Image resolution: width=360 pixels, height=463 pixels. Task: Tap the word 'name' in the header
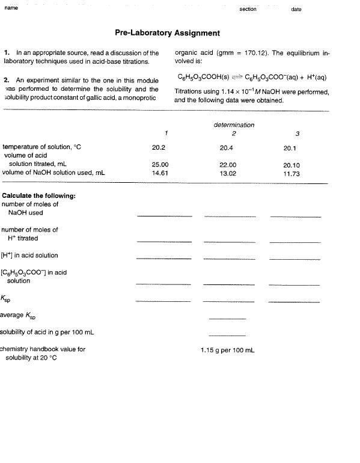(x=11, y=8)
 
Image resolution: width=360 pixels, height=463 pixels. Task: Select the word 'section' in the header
(x=248, y=9)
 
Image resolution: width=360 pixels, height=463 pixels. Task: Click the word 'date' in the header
(x=296, y=9)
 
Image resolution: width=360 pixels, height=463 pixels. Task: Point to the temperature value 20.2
(x=159, y=147)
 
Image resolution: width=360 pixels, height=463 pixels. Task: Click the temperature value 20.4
(x=227, y=147)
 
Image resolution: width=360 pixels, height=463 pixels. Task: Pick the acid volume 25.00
(x=160, y=165)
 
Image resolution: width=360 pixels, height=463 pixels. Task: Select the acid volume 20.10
(x=291, y=165)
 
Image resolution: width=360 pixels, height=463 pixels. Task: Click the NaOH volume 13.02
(x=228, y=173)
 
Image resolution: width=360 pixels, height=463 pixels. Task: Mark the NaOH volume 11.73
(x=291, y=173)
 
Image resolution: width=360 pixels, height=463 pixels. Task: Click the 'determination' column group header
(x=234, y=125)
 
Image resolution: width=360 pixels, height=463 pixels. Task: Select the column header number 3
(x=297, y=133)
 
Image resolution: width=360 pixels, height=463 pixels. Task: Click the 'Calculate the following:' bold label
(x=39, y=195)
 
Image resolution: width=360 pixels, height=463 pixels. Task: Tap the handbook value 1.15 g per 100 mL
(x=227, y=349)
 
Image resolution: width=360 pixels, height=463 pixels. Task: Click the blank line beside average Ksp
(x=227, y=317)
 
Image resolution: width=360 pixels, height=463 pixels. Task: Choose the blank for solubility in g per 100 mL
(x=227, y=334)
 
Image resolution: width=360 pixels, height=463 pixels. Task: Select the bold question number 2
(x=6, y=80)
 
